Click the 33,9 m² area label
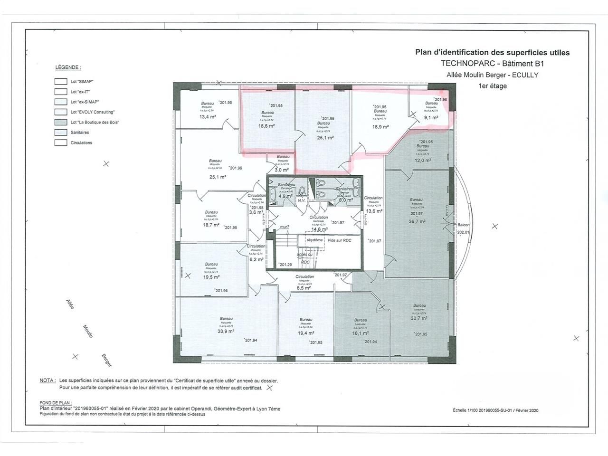pyautogui.click(x=226, y=331)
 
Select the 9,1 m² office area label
pyautogui.click(x=431, y=117)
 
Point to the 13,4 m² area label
pyautogui.click(x=208, y=116)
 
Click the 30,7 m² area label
pyautogui.click(x=419, y=318)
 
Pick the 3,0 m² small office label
pyautogui.click(x=282, y=170)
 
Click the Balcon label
pyautogui.click(x=464, y=225)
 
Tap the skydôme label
pyautogui.click(x=314, y=240)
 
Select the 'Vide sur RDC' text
pyautogui.click(x=340, y=240)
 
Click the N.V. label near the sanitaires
pyautogui.click(x=301, y=200)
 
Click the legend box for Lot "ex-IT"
pyautogui.click(x=60, y=92)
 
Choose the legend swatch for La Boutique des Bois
pyautogui.click(x=60, y=123)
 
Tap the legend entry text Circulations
pyautogui.click(x=81, y=143)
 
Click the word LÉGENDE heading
pyautogui.click(x=68, y=67)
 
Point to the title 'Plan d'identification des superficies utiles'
pyautogui.click(x=492, y=53)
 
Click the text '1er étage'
pyautogui.click(x=493, y=86)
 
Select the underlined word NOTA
pyautogui.click(x=47, y=380)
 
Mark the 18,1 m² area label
pyautogui.click(x=361, y=333)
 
